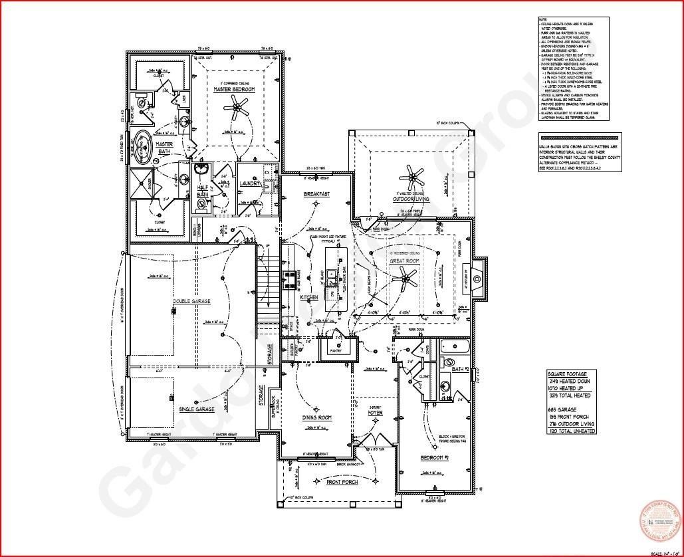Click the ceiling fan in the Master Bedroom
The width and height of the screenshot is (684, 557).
pyautogui.click(x=235, y=106)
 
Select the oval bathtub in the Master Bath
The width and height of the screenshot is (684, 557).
pyautogui.click(x=143, y=146)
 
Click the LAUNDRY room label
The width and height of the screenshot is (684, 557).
pyautogui.click(x=251, y=183)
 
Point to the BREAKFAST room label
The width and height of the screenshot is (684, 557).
pyautogui.click(x=317, y=194)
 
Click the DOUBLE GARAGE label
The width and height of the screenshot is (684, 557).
pyautogui.click(x=191, y=301)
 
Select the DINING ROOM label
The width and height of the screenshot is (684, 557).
pyautogui.click(x=316, y=418)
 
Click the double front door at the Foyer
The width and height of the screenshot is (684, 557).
pyautogui.click(x=378, y=441)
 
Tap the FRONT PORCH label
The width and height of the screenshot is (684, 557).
pyautogui.click(x=342, y=482)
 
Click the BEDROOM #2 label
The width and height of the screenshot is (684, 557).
pyautogui.click(x=436, y=459)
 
